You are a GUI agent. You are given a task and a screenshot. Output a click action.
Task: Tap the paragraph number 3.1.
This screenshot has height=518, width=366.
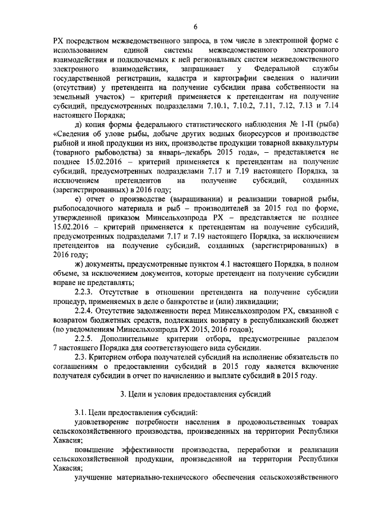83,413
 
